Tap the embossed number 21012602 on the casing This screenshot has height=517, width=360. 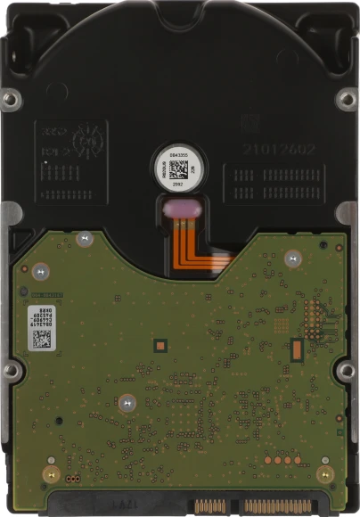[x=278, y=149]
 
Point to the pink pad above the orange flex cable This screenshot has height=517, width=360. [x=184, y=209]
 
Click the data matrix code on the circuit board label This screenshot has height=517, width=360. [x=42, y=339]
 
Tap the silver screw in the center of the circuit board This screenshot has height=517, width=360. [x=126, y=402]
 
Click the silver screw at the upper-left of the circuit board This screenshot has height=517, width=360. [x=85, y=238]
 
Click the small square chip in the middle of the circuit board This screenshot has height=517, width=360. [x=160, y=342]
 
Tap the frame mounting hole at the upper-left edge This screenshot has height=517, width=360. [x=10, y=98]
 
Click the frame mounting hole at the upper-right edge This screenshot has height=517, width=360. [x=348, y=98]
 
